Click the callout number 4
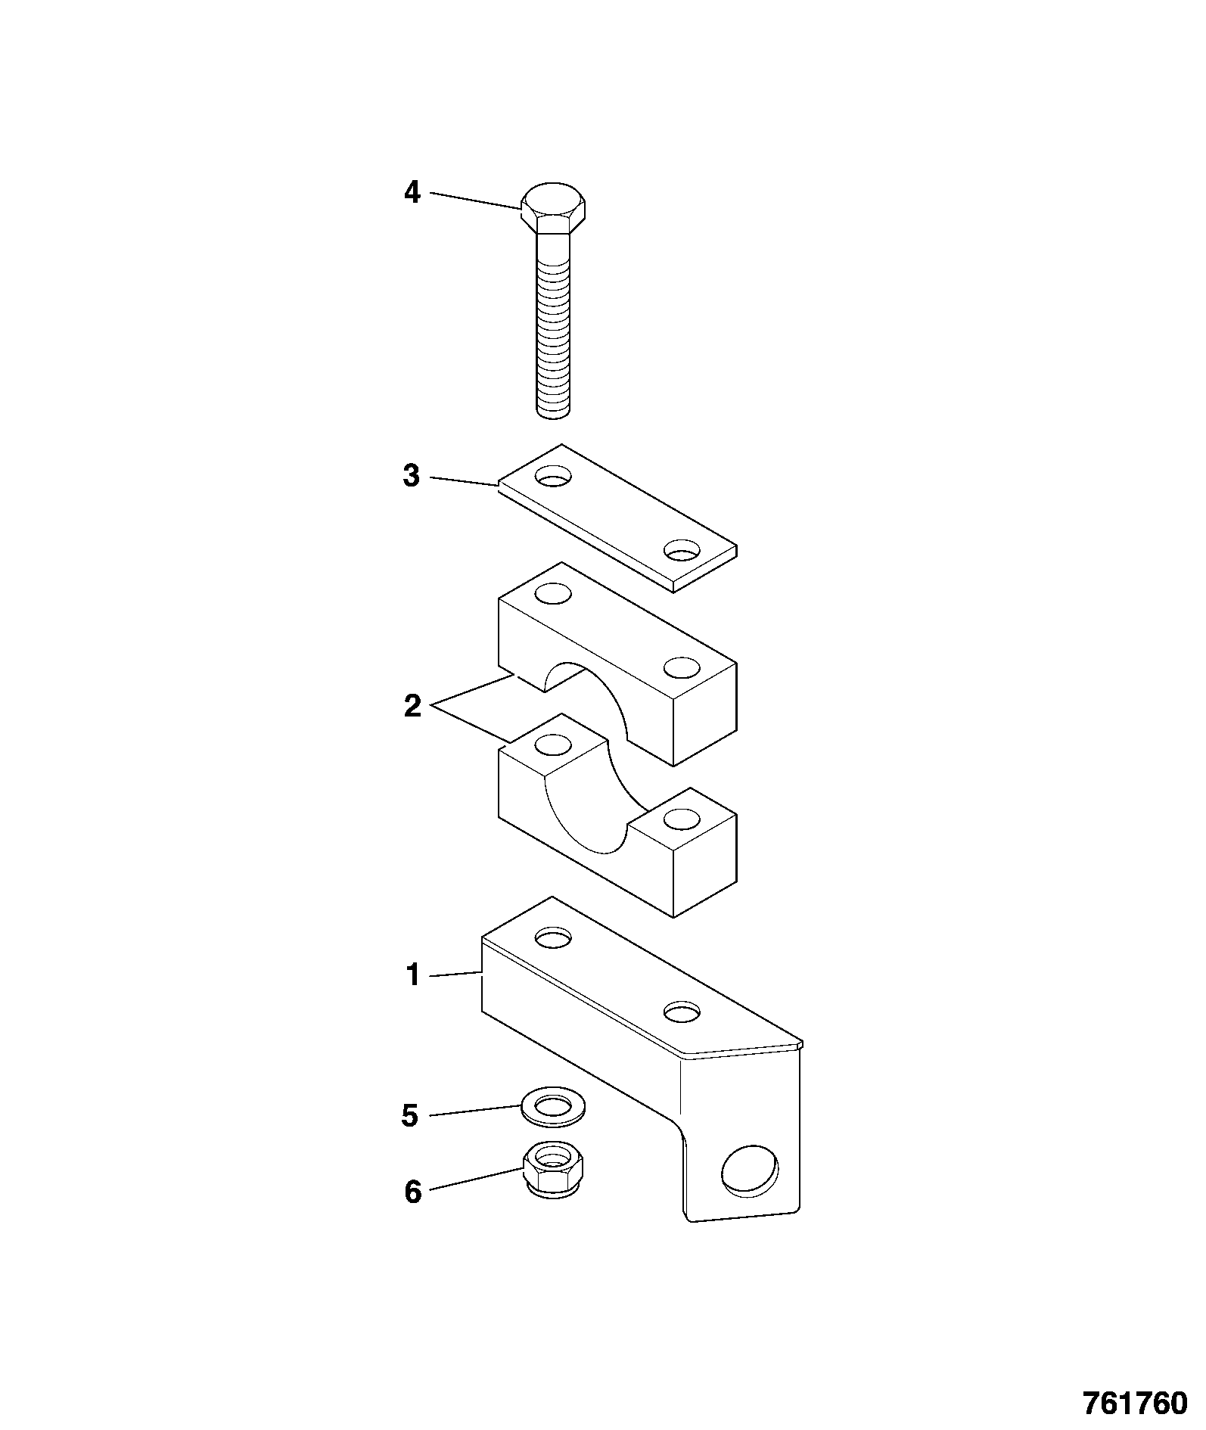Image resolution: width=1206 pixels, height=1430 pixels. pyautogui.click(x=412, y=193)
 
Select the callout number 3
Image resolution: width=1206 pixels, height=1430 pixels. pyautogui.click(x=412, y=477)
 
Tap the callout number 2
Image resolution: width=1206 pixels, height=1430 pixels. pyautogui.click(x=412, y=707)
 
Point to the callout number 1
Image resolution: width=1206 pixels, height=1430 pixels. pyautogui.click(x=413, y=975)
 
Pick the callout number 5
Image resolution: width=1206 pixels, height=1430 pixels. pyautogui.click(x=410, y=1116)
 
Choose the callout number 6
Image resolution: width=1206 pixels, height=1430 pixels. pyautogui.click(x=412, y=1192)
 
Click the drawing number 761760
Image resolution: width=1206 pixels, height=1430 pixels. pyautogui.click(x=1136, y=1404)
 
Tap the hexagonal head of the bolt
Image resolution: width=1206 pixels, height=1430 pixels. pyautogui.click(x=553, y=208)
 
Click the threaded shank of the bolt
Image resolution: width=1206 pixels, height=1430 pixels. pyautogui.click(x=553, y=325)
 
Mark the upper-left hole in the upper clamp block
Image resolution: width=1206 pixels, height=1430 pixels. pyautogui.click(x=553, y=593)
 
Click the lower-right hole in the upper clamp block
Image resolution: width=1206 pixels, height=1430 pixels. pyautogui.click(x=682, y=667)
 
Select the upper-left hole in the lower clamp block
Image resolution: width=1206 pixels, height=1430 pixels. pyautogui.click(x=553, y=745)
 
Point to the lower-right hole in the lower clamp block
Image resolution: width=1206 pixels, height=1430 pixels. pyautogui.click(x=682, y=819)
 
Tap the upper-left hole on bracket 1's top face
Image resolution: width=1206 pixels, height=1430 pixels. pyautogui.click(x=553, y=938)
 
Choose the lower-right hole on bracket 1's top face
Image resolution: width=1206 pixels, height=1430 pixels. pyautogui.click(x=682, y=1012)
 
